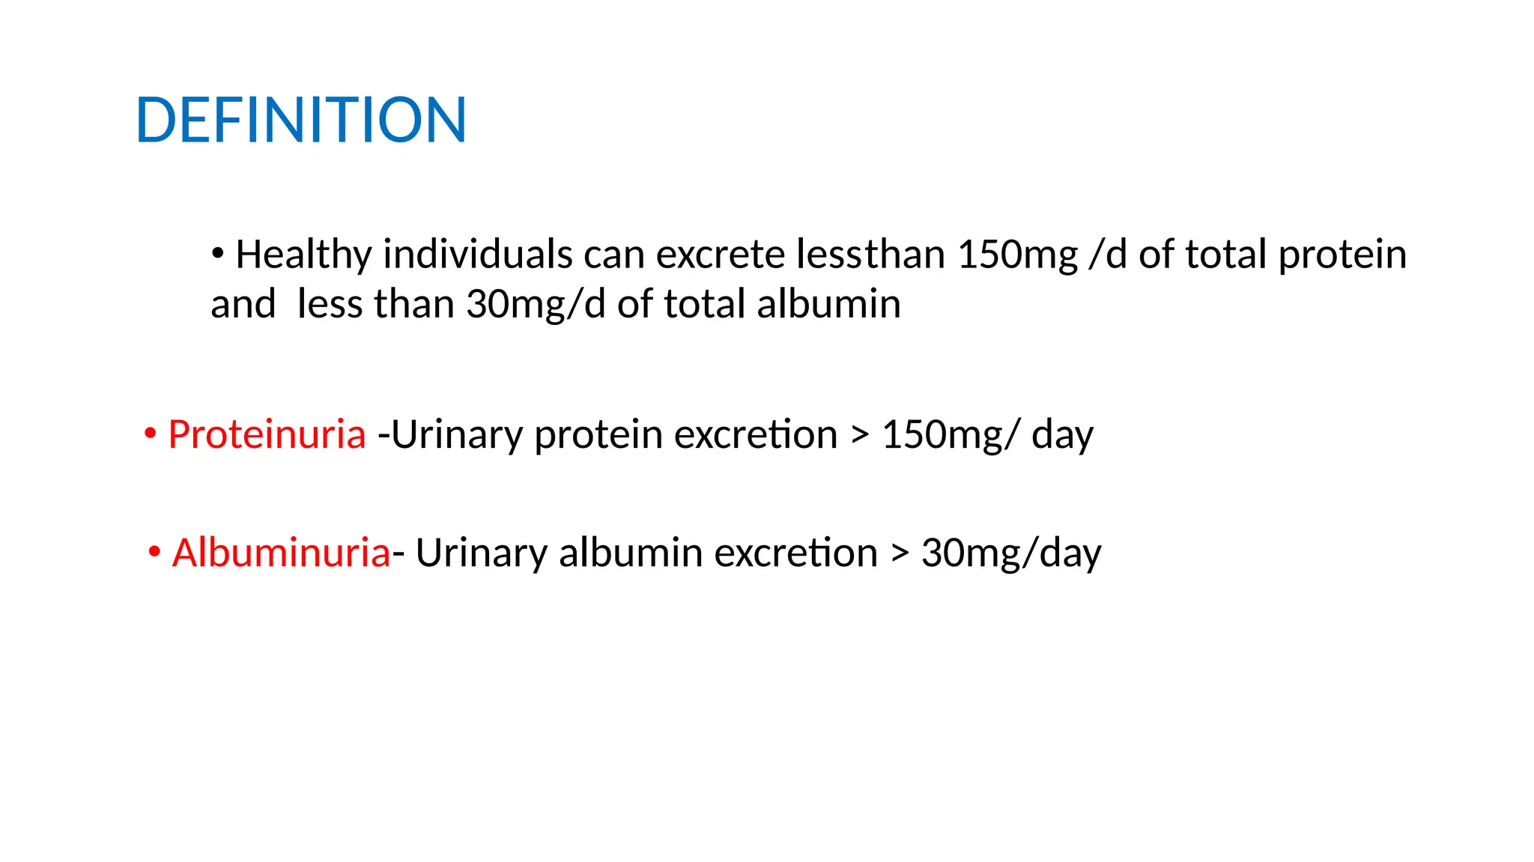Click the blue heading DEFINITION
tap(301, 120)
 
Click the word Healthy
tap(303, 255)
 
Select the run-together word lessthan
tap(870, 255)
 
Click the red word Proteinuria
tap(267, 434)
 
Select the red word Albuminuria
tap(281, 553)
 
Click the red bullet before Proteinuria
tap(151, 434)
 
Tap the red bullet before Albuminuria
tap(154, 553)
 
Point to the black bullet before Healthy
tap(217, 254)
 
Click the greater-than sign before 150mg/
tap(860, 435)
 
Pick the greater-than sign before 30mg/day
tap(900, 553)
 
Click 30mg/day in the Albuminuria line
tap(1011, 553)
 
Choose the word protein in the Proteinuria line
tap(598, 435)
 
